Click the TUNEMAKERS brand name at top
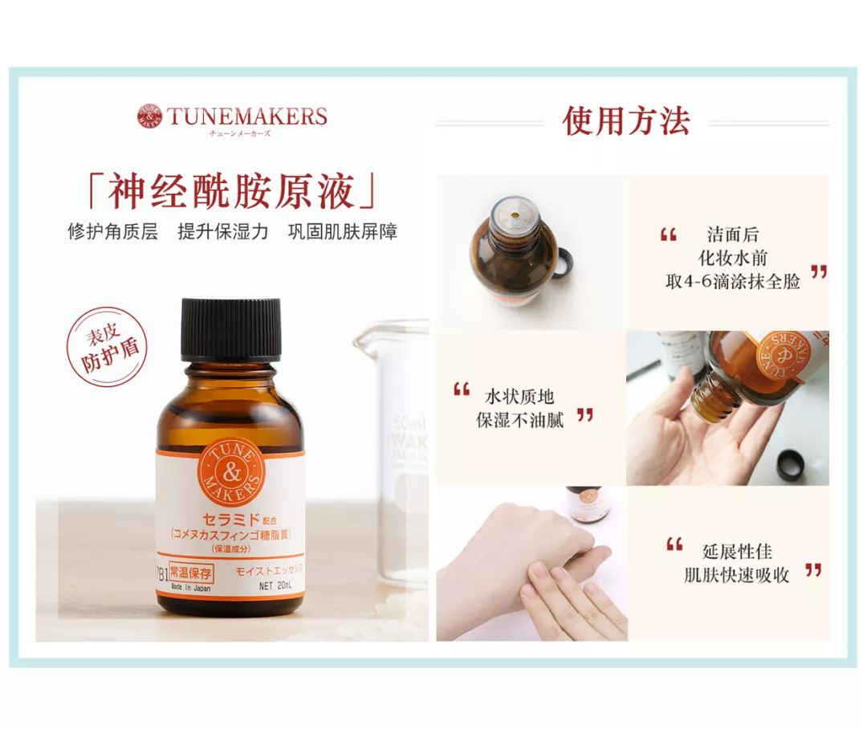[246, 116]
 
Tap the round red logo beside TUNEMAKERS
[149, 116]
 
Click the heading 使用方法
[626, 121]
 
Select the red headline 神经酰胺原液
[231, 193]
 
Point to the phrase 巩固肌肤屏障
[342, 232]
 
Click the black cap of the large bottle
[231, 328]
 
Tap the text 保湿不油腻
[519, 419]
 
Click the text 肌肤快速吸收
[736, 575]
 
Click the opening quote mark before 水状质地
[461, 390]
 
